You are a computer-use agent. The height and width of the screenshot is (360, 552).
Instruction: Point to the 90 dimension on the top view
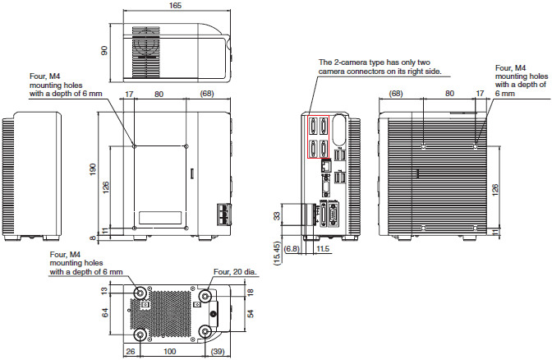105,49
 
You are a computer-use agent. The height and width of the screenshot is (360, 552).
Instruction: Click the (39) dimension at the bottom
218,353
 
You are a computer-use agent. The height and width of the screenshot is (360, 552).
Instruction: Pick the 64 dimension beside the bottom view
105,313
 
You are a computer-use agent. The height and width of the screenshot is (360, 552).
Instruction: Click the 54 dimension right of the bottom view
251,312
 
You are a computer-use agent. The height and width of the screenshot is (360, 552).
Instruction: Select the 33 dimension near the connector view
276,215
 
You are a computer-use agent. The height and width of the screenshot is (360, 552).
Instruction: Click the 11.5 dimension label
322,247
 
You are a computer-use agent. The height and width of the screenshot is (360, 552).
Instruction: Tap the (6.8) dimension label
292,247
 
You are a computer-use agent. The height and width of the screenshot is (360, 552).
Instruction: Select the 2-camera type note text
380,67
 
